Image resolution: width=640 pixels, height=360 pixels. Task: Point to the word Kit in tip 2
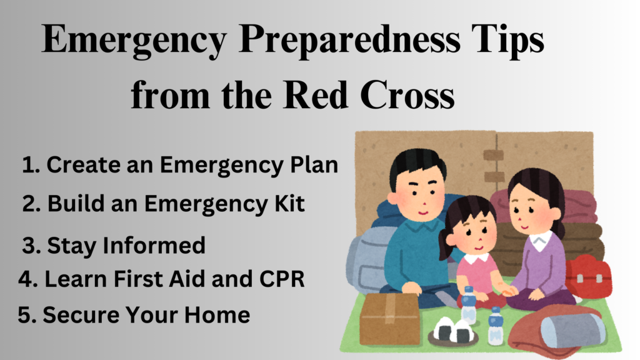[289, 204]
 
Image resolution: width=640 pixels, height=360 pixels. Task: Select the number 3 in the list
[27, 246]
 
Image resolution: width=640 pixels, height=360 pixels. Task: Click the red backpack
[587, 276]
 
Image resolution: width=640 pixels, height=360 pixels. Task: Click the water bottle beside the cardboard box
[468, 306]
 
